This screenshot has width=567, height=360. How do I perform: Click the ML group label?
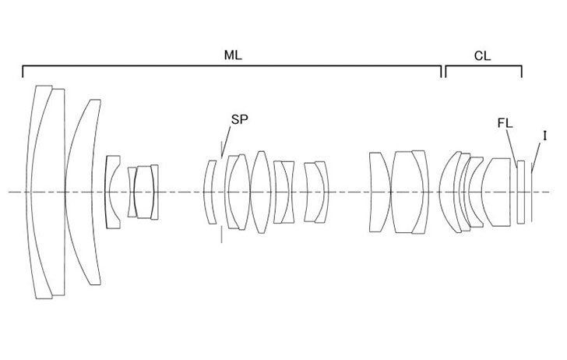click(x=233, y=55)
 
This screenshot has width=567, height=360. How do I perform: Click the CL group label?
click(x=483, y=56)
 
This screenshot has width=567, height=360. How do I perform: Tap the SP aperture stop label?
click(x=240, y=119)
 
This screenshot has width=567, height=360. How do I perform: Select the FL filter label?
click(x=505, y=123)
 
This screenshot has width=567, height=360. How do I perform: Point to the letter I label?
click(x=544, y=136)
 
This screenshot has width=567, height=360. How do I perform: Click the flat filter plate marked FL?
click(x=521, y=192)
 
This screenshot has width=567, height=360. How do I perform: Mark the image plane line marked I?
click(x=532, y=192)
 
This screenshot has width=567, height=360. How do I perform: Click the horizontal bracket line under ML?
click(x=232, y=66)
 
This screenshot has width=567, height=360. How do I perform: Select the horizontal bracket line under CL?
click(x=484, y=66)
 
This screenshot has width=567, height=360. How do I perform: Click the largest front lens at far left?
click(x=40, y=192)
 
